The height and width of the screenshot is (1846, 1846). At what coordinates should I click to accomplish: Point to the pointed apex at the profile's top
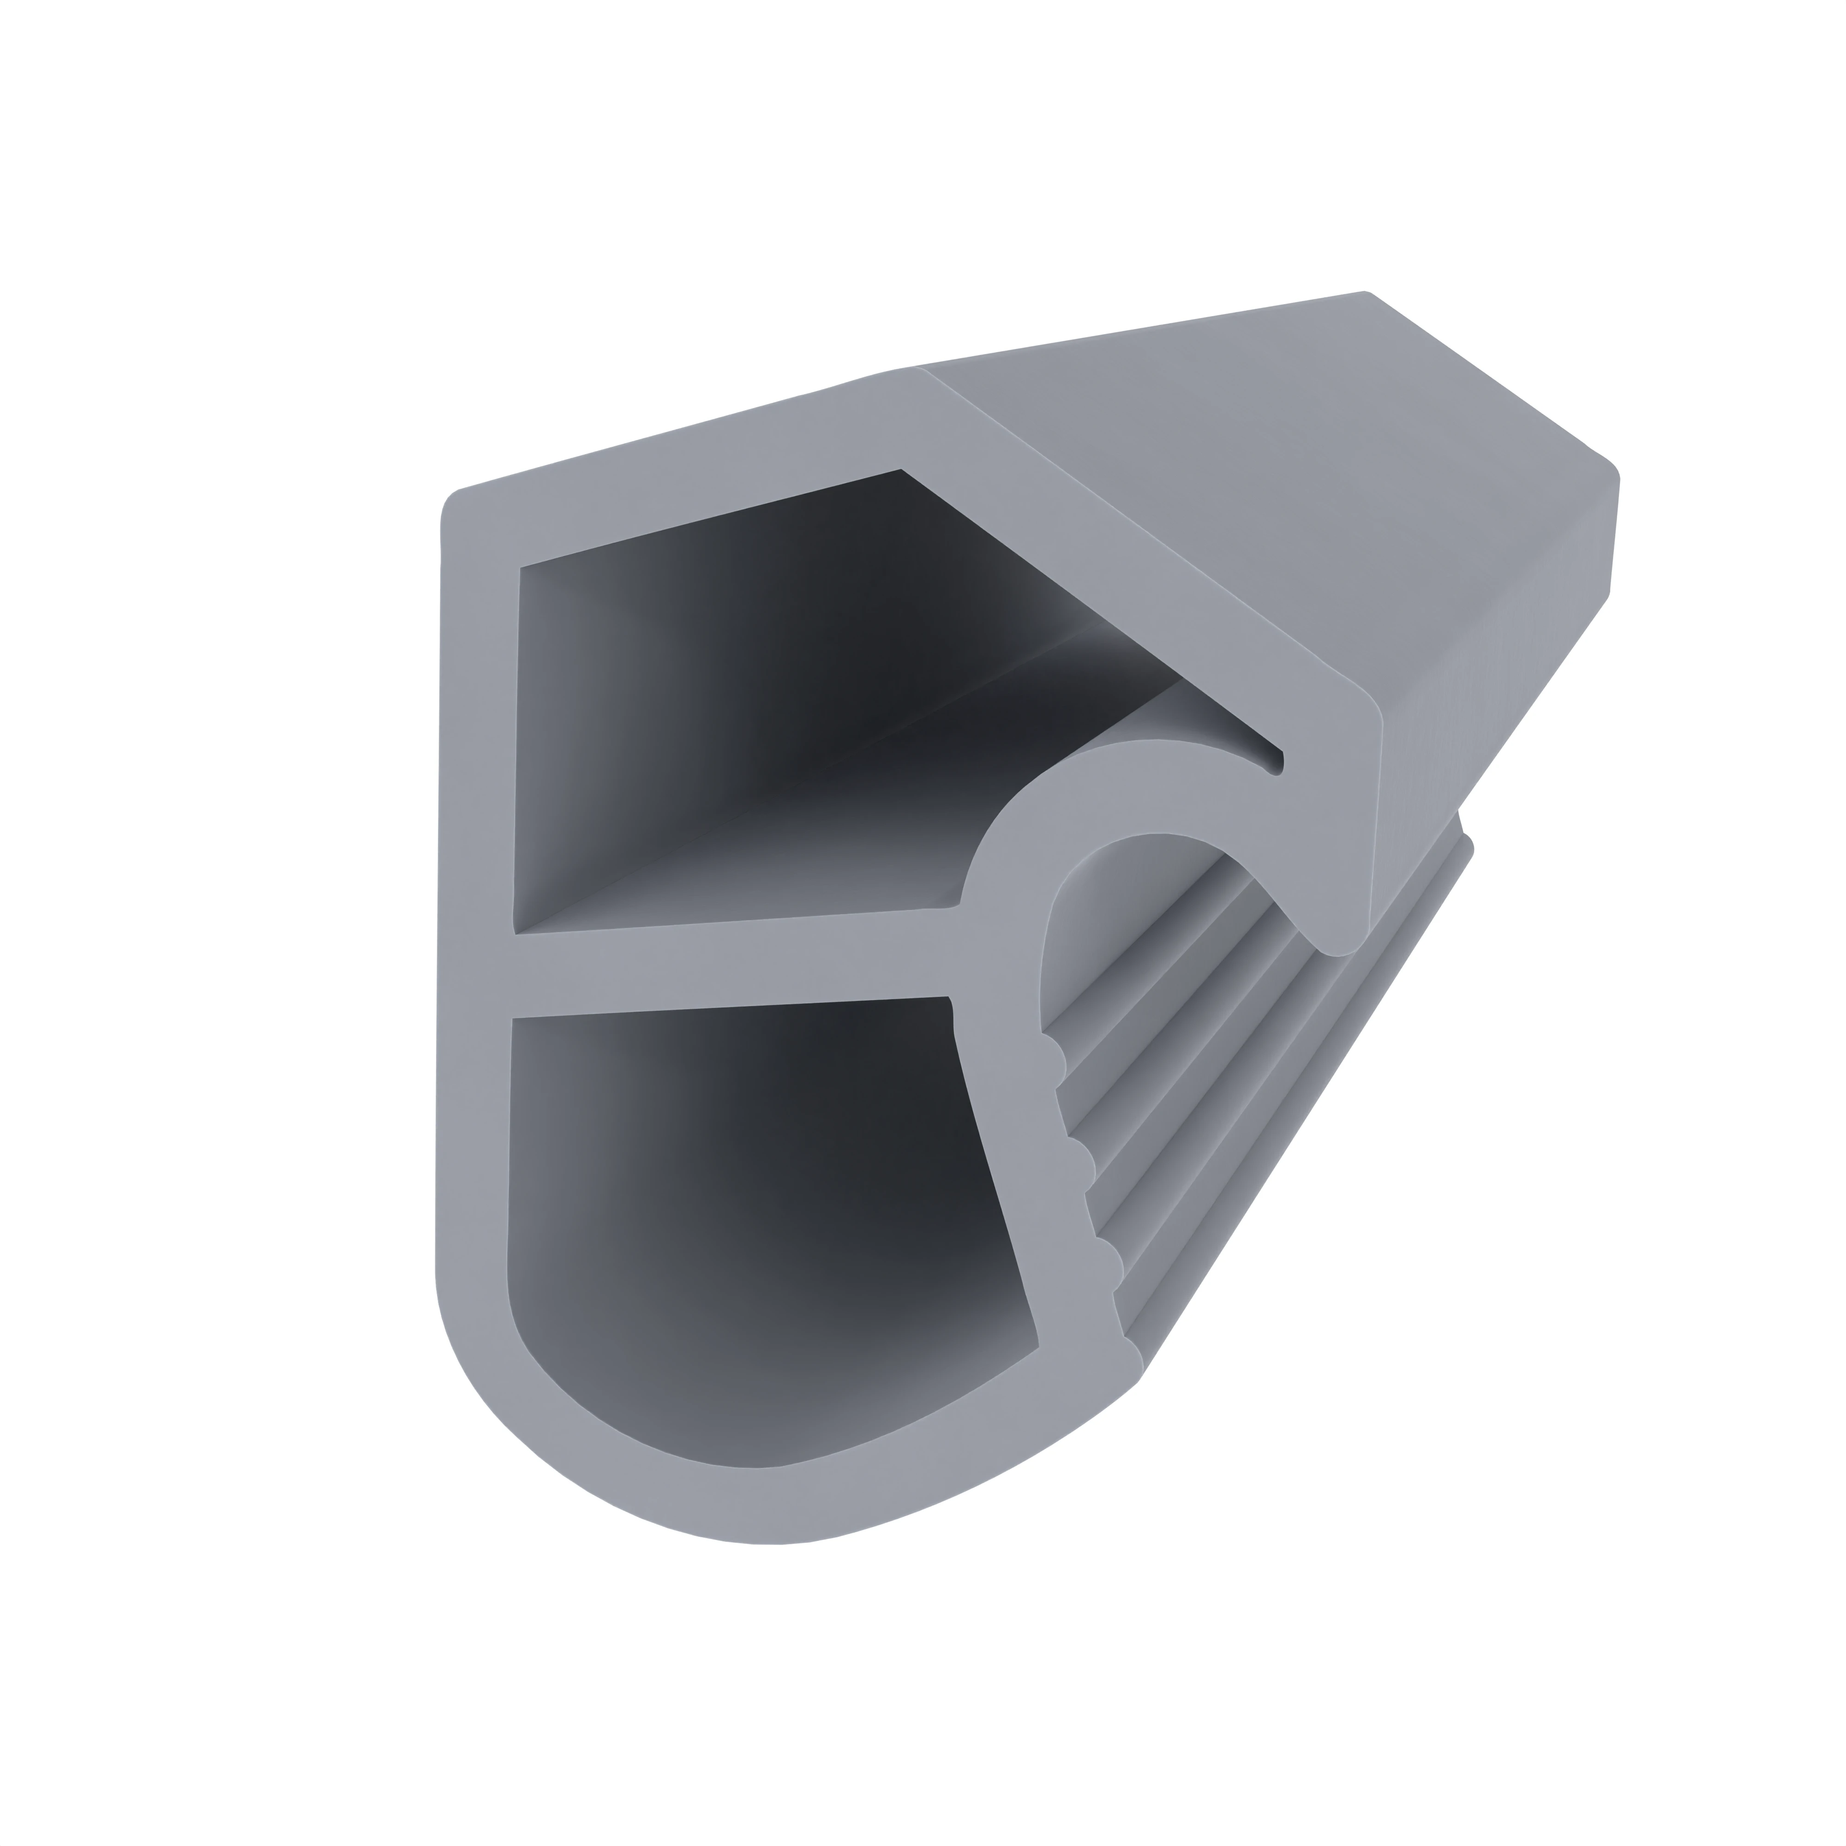(912, 372)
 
